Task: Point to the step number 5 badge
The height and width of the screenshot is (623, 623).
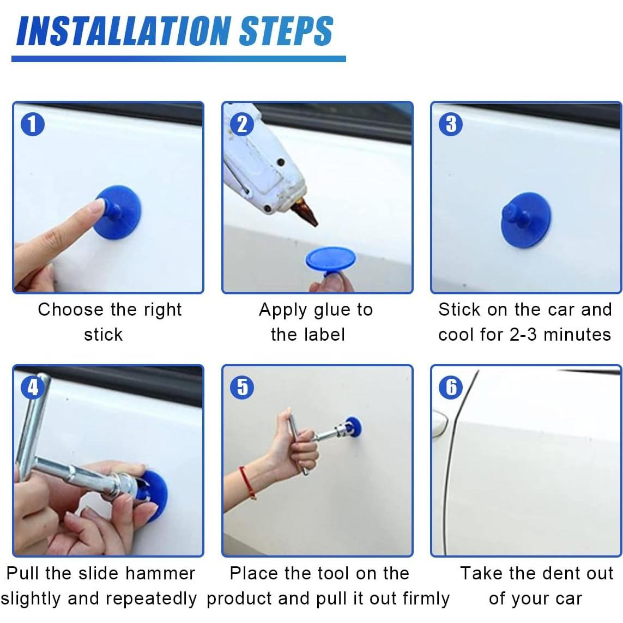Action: [241, 387]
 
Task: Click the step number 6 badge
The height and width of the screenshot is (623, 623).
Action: [451, 387]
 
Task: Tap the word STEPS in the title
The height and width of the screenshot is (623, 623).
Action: [286, 32]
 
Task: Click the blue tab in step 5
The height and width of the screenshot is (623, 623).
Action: [353, 426]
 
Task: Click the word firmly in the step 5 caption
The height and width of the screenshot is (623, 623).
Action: [426, 599]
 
